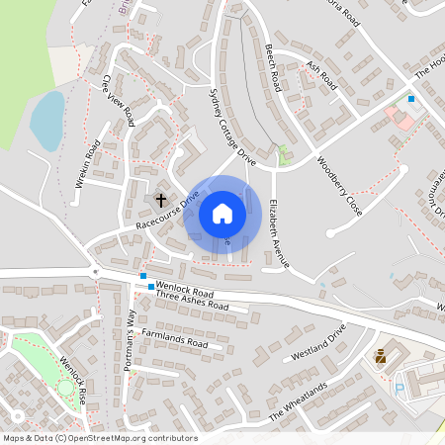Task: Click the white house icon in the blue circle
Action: pos(222,214)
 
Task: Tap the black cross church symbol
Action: pos(160,199)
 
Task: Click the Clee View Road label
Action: pos(119,101)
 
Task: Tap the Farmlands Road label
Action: pos(174,336)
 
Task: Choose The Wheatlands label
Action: pos(297,400)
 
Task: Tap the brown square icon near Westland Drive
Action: pos(381,356)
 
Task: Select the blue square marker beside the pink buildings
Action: pos(411,98)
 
